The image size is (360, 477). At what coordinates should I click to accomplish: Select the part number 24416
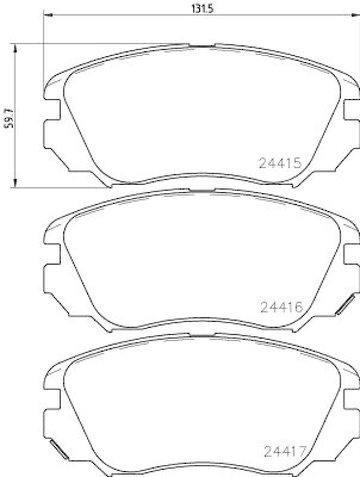pyautogui.click(x=282, y=307)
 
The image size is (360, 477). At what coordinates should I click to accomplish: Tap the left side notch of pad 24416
pyautogui.click(x=52, y=255)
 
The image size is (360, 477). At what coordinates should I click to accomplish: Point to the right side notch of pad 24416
pyautogui.click(x=351, y=255)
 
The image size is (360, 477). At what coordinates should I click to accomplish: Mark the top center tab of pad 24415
pyautogui.click(x=202, y=45)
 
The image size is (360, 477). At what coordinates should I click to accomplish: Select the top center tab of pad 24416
pyautogui.click(x=202, y=190)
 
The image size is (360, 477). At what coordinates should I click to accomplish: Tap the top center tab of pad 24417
pyautogui.click(x=202, y=335)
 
